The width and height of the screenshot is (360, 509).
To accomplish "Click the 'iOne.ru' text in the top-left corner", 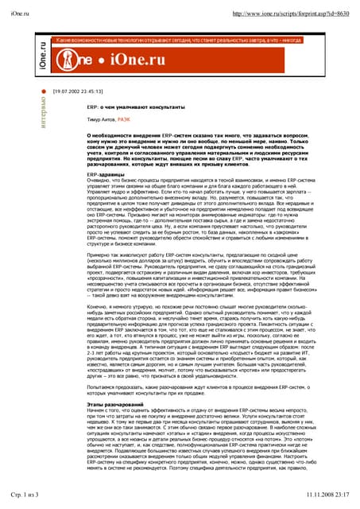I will [x=25, y=14].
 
